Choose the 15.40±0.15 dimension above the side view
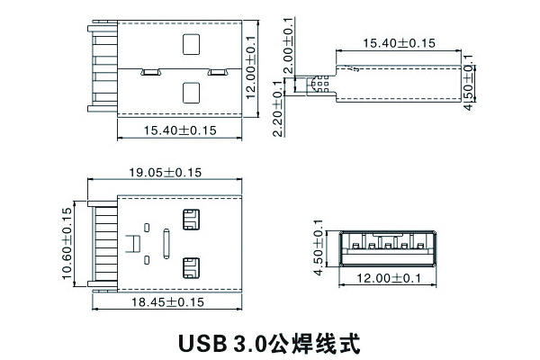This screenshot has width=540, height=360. click(x=399, y=42)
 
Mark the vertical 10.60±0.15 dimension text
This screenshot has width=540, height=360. click(x=67, y=244)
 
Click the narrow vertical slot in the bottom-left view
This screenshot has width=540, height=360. click(x=166, y=243)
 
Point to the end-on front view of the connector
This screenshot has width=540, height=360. click(x=387, y=244)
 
